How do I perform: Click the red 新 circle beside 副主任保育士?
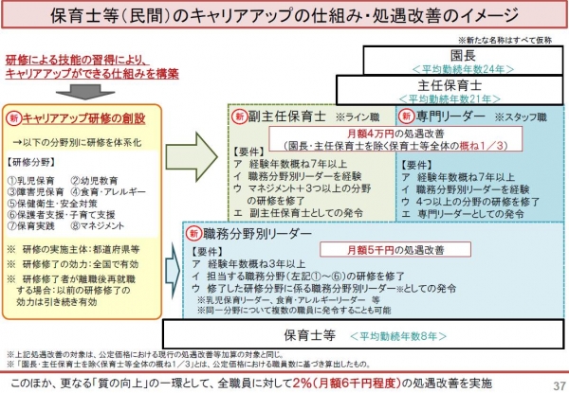tap(241, 117)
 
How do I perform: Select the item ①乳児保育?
tap(32, 177)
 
